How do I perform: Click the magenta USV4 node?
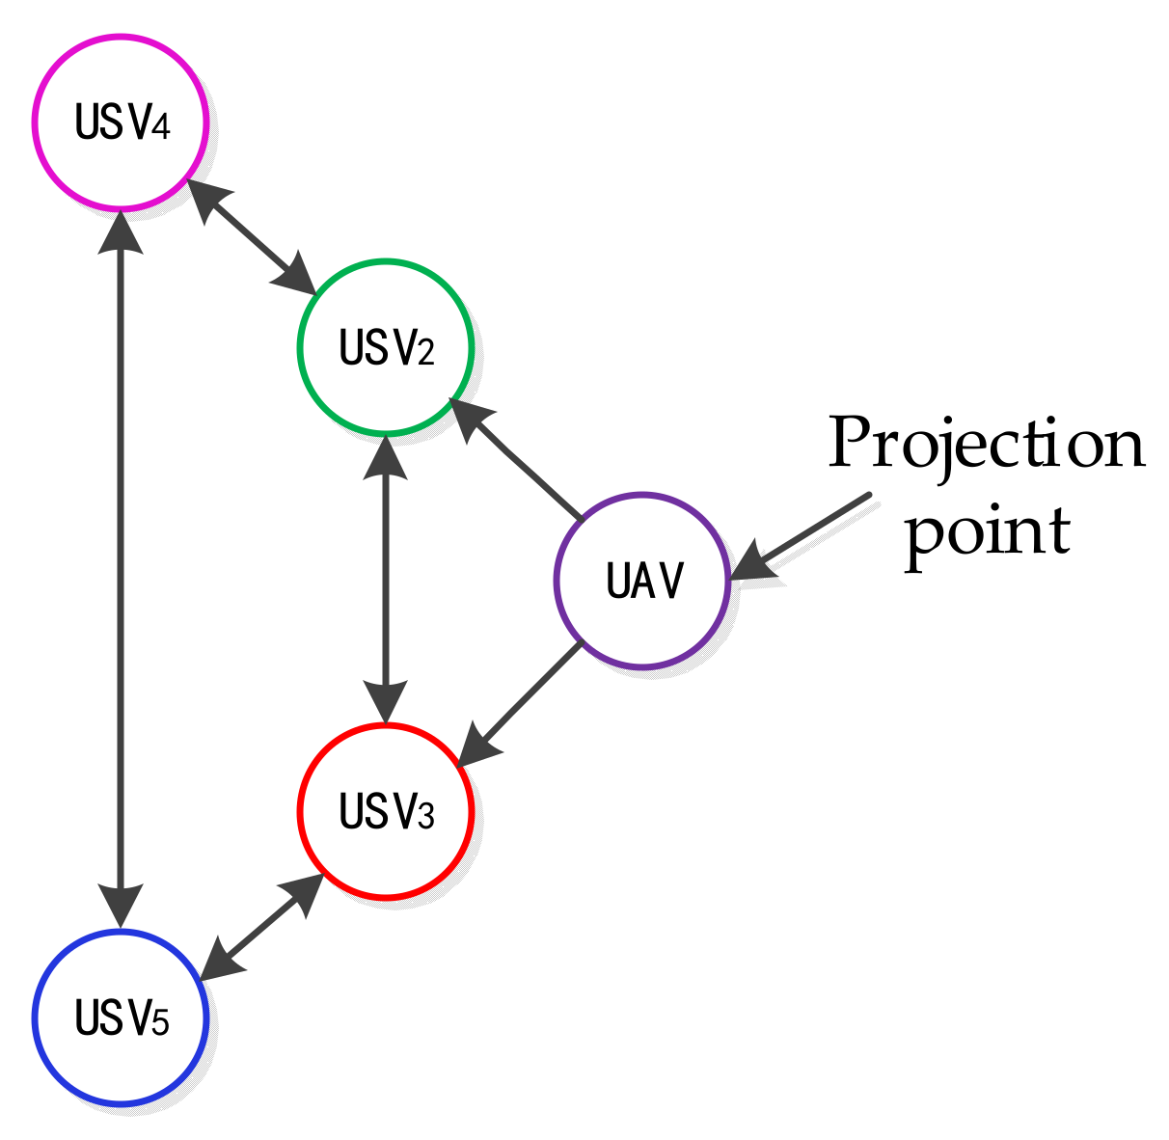pyautogui.click(x=121, y=122)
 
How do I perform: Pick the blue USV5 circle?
pyautogui.click(x=121, y=1018)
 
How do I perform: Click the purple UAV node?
pyautogui.click(x=642, y=581)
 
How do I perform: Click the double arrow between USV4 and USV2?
pyautogui.click(x=253, y=235)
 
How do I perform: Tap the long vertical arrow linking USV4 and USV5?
pyautogui.click(x=121, y=569)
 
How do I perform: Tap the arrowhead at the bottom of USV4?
pyautogui.click(x=121, y=230)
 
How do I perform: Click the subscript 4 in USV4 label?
pyautogui.click(x=160, y=127)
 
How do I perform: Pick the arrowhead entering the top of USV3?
pyautogui.click(x=386, y=703)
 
